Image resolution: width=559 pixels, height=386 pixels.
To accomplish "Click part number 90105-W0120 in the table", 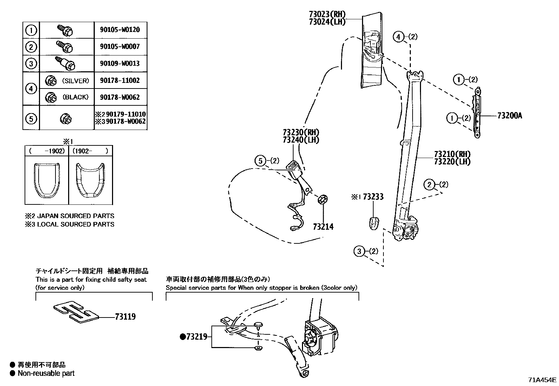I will tap(120, 30).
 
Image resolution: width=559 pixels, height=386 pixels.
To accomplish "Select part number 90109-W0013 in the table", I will tap(120, 64).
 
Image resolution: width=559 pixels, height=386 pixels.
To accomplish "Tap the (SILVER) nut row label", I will tap(75, 80).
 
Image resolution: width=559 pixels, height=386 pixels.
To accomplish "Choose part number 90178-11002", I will tap(120, 80).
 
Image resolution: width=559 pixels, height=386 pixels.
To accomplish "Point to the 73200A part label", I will tap(509, 116).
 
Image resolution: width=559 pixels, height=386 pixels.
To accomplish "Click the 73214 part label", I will tap(323, 227).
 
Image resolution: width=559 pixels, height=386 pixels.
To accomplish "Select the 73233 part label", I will tap(373, 197).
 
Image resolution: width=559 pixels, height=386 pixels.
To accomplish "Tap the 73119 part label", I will tap(125, 317).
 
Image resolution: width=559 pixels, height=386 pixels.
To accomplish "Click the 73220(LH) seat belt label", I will tap(452, 162).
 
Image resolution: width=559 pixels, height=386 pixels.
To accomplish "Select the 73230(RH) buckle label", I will tap(301, 132).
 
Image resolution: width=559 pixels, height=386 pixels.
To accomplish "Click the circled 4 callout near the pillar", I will tap(398, 37).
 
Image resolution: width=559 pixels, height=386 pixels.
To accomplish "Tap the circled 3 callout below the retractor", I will tap(359, 251).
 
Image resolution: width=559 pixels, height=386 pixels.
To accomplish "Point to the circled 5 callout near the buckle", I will tap(260, 161).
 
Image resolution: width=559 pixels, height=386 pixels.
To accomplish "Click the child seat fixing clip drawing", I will tap(74, 312).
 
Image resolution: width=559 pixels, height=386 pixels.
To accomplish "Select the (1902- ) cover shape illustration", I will tap(91, 179).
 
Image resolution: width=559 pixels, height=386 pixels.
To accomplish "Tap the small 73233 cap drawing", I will tap(374, 223).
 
